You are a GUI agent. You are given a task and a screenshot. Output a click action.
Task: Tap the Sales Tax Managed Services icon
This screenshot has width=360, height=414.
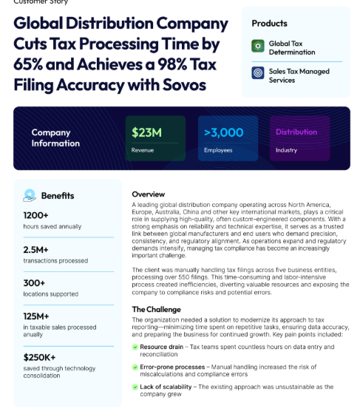point(258,74)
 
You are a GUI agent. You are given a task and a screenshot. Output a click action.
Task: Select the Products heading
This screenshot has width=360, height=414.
point(269,24)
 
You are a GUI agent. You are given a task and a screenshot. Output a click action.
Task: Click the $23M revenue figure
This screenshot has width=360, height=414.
point(146,133)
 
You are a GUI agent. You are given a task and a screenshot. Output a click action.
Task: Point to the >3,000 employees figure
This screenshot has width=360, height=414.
point(223,133)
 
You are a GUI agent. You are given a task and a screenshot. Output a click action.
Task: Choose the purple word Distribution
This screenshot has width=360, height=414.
point(296,132)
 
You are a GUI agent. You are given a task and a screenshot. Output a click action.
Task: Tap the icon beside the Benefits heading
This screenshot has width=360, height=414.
point(30,196)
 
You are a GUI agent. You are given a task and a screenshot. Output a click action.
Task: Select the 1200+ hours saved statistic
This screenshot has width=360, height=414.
point(36,215)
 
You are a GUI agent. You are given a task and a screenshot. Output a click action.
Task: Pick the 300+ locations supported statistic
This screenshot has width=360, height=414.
point(34,283)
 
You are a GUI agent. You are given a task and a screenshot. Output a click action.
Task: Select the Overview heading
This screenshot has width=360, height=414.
point(149,194)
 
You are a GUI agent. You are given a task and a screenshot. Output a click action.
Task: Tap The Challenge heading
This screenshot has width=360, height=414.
point(156,309)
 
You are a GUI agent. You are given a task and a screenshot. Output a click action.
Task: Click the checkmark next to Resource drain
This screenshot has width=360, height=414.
point(135,346)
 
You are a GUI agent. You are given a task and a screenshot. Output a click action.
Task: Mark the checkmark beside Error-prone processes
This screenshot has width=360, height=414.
point(135,365)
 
